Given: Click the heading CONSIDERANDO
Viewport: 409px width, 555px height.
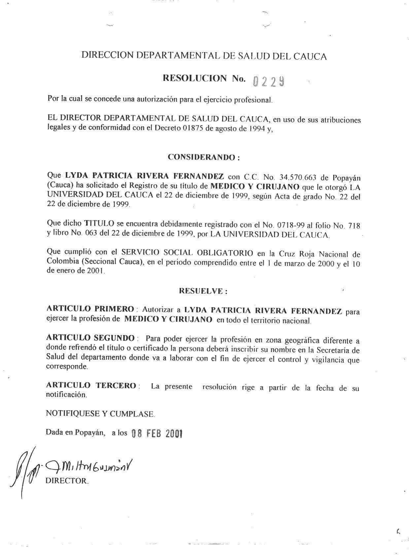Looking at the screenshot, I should [x=203, y=157].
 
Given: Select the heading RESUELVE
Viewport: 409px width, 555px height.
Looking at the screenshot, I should [x=203, y=291].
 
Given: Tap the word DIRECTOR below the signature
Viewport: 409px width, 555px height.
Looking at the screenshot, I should [x=67, y=481].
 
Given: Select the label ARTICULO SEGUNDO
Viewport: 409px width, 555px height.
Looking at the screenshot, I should [x=90, y=338].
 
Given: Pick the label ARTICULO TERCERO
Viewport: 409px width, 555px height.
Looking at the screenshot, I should [x=91, y=386].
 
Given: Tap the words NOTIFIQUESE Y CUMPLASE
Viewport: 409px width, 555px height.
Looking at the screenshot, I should [x=100, y=414].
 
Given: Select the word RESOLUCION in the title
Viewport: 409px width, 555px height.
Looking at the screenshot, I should [x=195, y=79].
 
